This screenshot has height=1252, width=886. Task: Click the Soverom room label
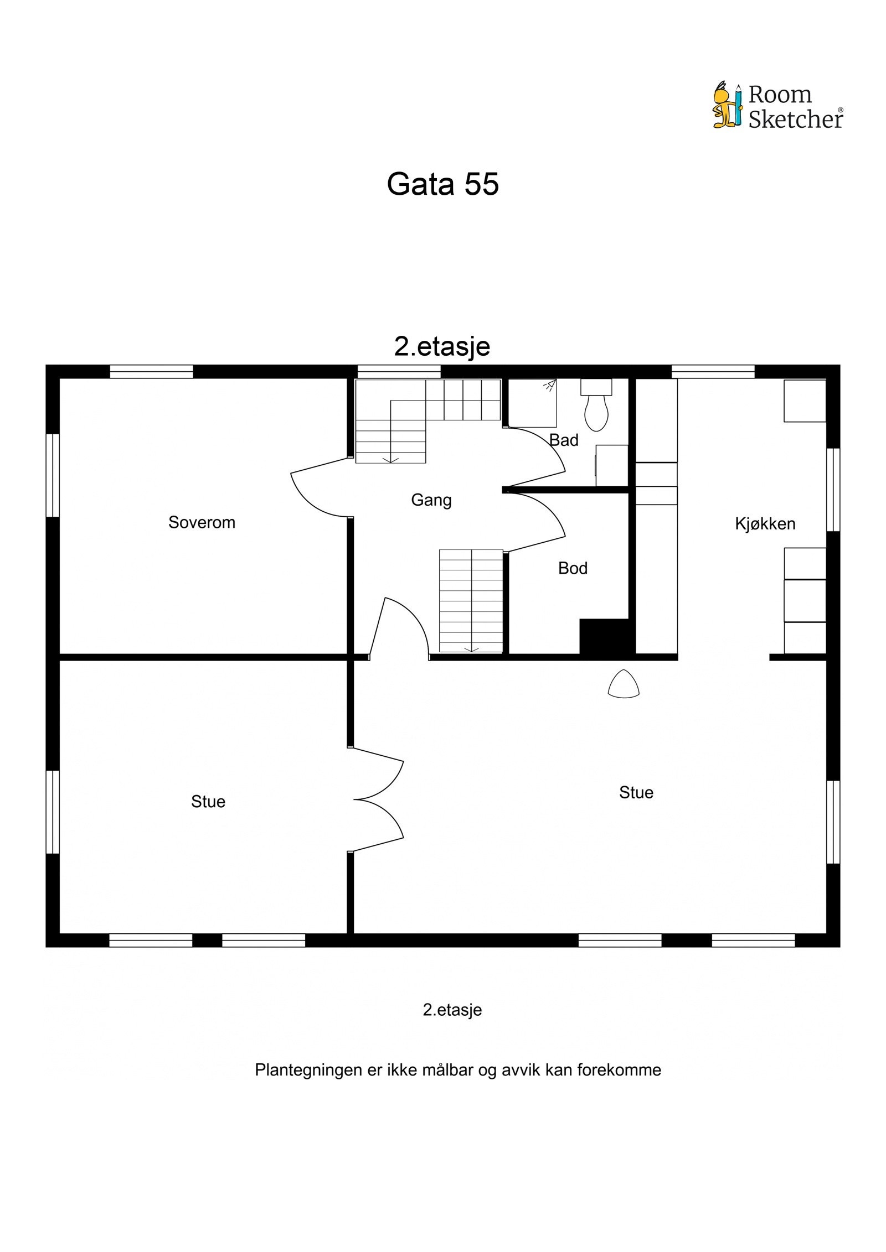[x=202, y=522]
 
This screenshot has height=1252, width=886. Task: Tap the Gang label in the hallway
[x=431, y=500]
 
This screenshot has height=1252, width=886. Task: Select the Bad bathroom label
[x=564, y=440]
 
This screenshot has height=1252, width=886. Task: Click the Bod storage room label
[x=573, y=568]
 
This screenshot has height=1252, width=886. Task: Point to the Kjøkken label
[x=765, y=523]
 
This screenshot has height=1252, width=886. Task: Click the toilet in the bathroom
[x=596, y=408]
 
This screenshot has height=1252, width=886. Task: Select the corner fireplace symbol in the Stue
[x=624, y=684]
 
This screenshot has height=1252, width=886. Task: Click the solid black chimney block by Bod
[x=604, y=636]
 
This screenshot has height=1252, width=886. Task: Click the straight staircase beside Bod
[x=471, y=601]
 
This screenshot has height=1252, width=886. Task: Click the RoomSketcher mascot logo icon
[x=727, y=106]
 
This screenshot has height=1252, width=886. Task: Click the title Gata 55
[x=442, y=184]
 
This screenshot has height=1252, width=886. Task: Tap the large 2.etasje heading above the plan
[x=442, y=346]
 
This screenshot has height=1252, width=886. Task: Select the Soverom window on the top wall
[x=151, y=371]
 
